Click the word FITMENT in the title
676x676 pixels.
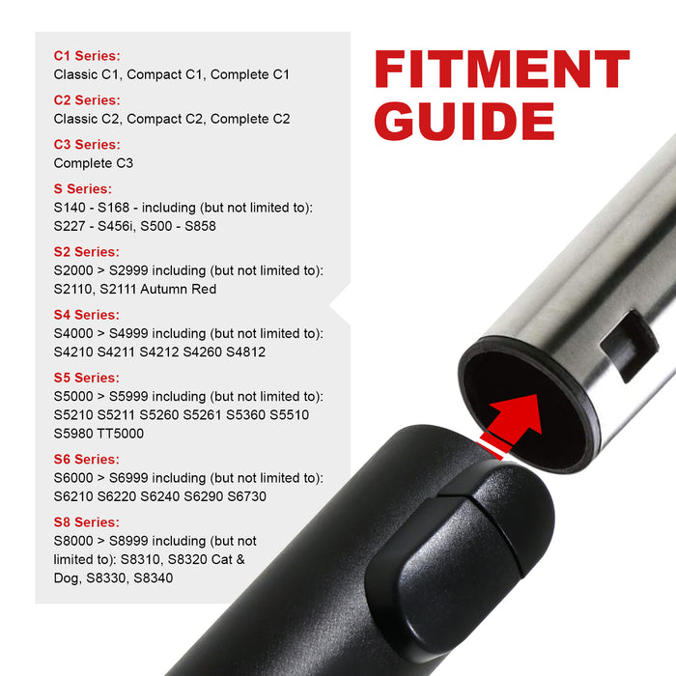click(x=501, y=71)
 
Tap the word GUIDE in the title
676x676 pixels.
click(x=465, y=123)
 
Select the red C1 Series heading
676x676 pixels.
click(x=87, y=56)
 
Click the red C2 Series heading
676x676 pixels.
click(x=87, y=100)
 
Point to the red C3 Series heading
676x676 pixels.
click(x=87, y=145)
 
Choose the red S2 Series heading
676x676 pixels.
click(x=87, y=252)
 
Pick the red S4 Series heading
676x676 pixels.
click(x=87, y=315)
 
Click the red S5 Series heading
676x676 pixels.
click(x=87, y=378)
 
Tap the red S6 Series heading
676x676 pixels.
click(x=87, y=460)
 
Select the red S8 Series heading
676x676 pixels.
click(x=87, y=522)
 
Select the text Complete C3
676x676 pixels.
click(x=94, y=163)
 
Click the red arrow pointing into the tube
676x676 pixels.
click(x=508, y=417)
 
